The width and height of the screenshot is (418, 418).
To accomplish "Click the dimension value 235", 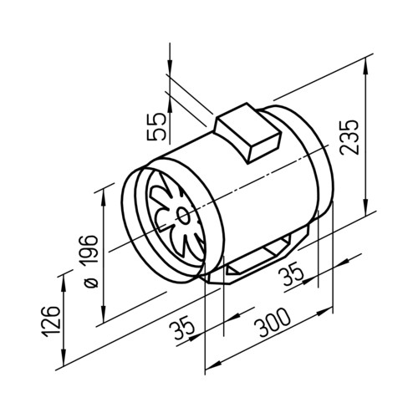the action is click(349, 137).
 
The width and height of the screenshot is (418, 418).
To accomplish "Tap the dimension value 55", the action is click(156, 127).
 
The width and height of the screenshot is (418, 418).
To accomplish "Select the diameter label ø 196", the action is click(89, 262).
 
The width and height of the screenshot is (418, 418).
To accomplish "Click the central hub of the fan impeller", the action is click(183, 216).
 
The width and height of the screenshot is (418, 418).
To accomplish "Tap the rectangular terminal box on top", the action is click(247, 132).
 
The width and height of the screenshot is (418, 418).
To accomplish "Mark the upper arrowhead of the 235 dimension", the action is click(365, 67).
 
